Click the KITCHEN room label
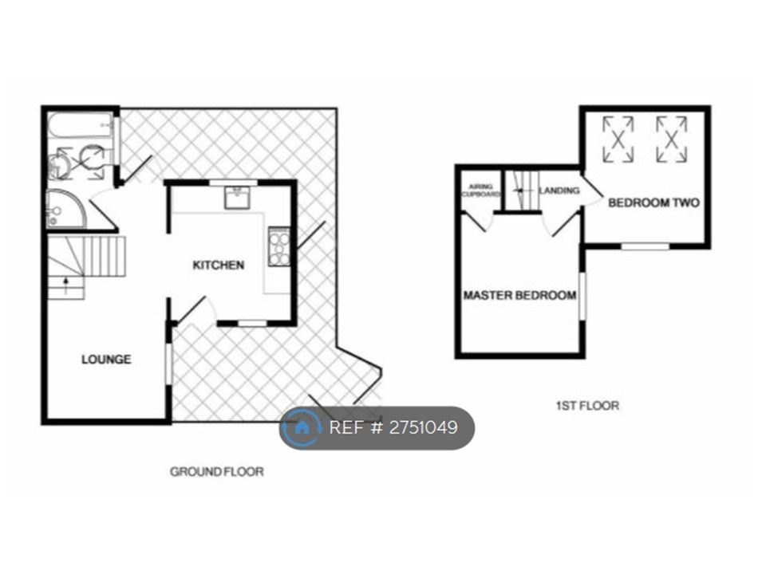(x=218, y=265)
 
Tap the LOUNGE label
(x=106, y=360)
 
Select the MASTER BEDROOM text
(x=519, y=296)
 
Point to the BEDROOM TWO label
(x=653, y=203)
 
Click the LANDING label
(x=559, y=191)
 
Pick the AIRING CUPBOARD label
(x=481, y=191)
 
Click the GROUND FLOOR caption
(x=216, y=472)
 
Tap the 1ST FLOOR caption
(x=587, y=406)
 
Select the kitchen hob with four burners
(x=279, y=246)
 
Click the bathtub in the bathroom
(x=80, y=125)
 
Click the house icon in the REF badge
(x=302, y=428)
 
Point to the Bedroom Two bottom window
(x=645, y=246)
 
